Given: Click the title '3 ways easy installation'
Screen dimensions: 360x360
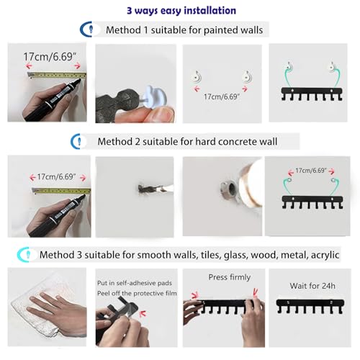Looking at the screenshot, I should point(181,11).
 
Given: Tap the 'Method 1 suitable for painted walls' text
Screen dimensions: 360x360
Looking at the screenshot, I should point(184,30).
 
